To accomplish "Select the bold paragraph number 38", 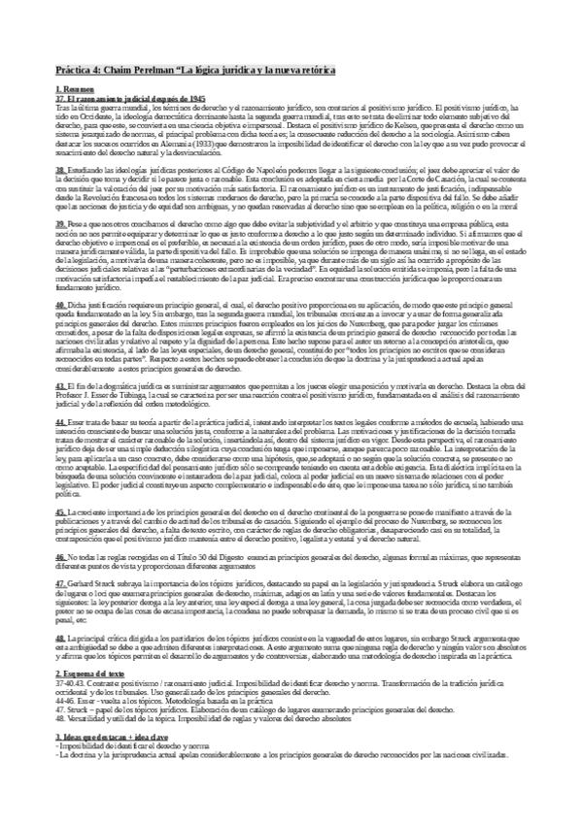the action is [60, 168].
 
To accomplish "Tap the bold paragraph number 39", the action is [60, 223].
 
